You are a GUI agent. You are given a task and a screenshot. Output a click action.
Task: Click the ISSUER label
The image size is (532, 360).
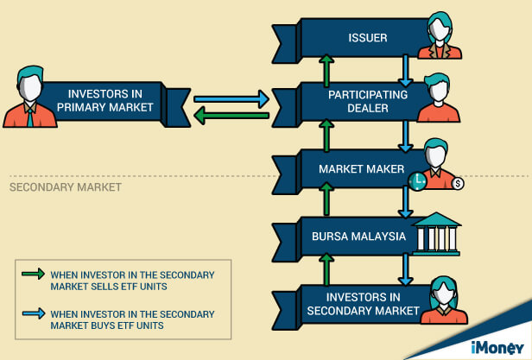(x=368, y=38)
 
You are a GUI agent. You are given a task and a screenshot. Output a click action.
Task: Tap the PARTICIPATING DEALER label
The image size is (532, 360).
(x=368, y=102)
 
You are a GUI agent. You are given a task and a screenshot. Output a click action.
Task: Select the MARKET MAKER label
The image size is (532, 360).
(x=361, y=169)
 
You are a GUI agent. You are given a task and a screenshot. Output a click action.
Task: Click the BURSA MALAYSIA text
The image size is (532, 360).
(x=358, y=237)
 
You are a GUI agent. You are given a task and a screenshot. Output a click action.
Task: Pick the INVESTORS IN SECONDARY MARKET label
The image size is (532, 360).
(x=363, y=304)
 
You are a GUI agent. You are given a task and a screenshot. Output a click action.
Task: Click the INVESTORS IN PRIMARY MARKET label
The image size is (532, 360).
(x=104, y=100)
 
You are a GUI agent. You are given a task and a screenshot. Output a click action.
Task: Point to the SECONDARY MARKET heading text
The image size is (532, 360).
(x=66, y=187)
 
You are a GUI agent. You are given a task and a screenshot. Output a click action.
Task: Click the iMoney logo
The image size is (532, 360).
(x=497, y=348)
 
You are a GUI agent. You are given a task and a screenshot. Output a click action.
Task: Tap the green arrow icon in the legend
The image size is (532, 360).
(x=33, y=274)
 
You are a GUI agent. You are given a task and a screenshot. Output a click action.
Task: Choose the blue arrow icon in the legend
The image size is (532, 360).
(x=33, y=313)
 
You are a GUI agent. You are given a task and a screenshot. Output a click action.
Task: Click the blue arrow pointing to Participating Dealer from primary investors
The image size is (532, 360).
(x=231, y=98)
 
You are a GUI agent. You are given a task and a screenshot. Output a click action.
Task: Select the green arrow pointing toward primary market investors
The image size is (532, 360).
(x=231, y=116)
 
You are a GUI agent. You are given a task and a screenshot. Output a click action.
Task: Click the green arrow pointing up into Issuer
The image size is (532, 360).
(x=326, y=71)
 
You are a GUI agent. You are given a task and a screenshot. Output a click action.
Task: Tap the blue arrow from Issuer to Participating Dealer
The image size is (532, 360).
(x=405, y=71)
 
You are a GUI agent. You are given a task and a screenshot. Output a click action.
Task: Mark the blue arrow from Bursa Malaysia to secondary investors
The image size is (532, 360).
(x=405, y=270)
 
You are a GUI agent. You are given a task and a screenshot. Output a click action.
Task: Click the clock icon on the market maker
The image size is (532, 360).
(x=417, y=181)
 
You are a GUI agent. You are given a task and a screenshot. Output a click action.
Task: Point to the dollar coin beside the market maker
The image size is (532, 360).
(x=458, y=184)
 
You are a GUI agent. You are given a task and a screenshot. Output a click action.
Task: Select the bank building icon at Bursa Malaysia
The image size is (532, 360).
(x=436, y=234)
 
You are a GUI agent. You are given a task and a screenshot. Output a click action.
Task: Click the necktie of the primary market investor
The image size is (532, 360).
(x=30, y=117)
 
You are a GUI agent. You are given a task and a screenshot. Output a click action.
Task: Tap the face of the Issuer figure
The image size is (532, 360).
(x=440, y=29)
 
